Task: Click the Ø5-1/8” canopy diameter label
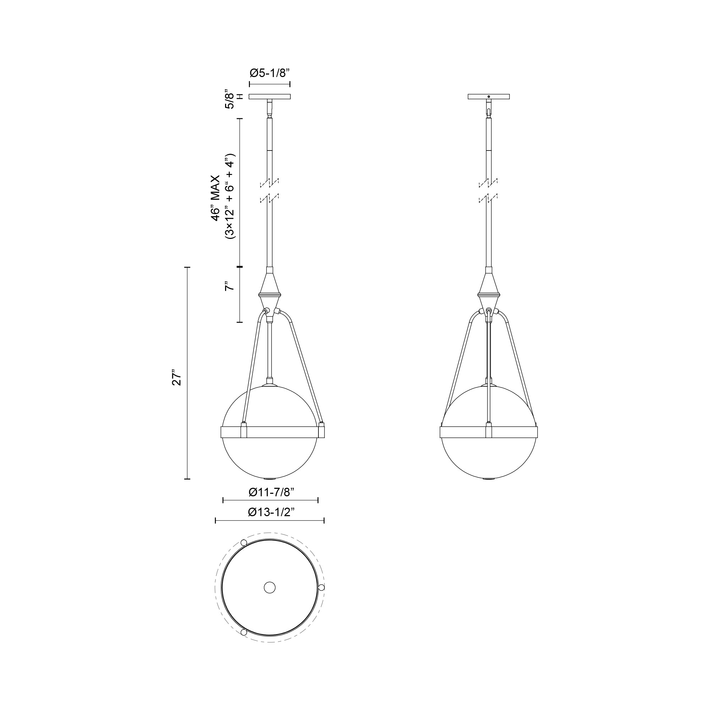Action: (270, 73)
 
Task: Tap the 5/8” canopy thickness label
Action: (229, 98)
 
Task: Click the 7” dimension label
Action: (229, 286)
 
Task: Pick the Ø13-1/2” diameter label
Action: (271, 512)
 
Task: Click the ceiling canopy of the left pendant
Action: (270, 97)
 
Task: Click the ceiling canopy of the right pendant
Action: (488, 97)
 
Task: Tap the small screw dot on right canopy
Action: (488, 97)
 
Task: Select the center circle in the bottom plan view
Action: (270, 587)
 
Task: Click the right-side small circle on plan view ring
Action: (322, 587)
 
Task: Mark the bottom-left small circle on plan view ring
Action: (243, 632)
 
